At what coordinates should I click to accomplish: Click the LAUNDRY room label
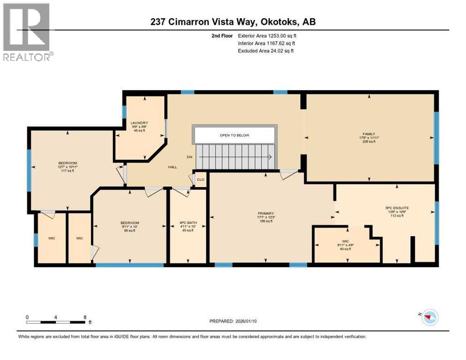point(139,123)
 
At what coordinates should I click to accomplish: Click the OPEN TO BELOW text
point(234,135)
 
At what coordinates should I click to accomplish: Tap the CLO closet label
point(200,180)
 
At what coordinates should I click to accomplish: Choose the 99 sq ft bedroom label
point(129,223)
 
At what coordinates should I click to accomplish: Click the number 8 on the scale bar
point(84,317)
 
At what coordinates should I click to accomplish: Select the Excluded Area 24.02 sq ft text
point(265,51)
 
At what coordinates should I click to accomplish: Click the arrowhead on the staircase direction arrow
point(271,158)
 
